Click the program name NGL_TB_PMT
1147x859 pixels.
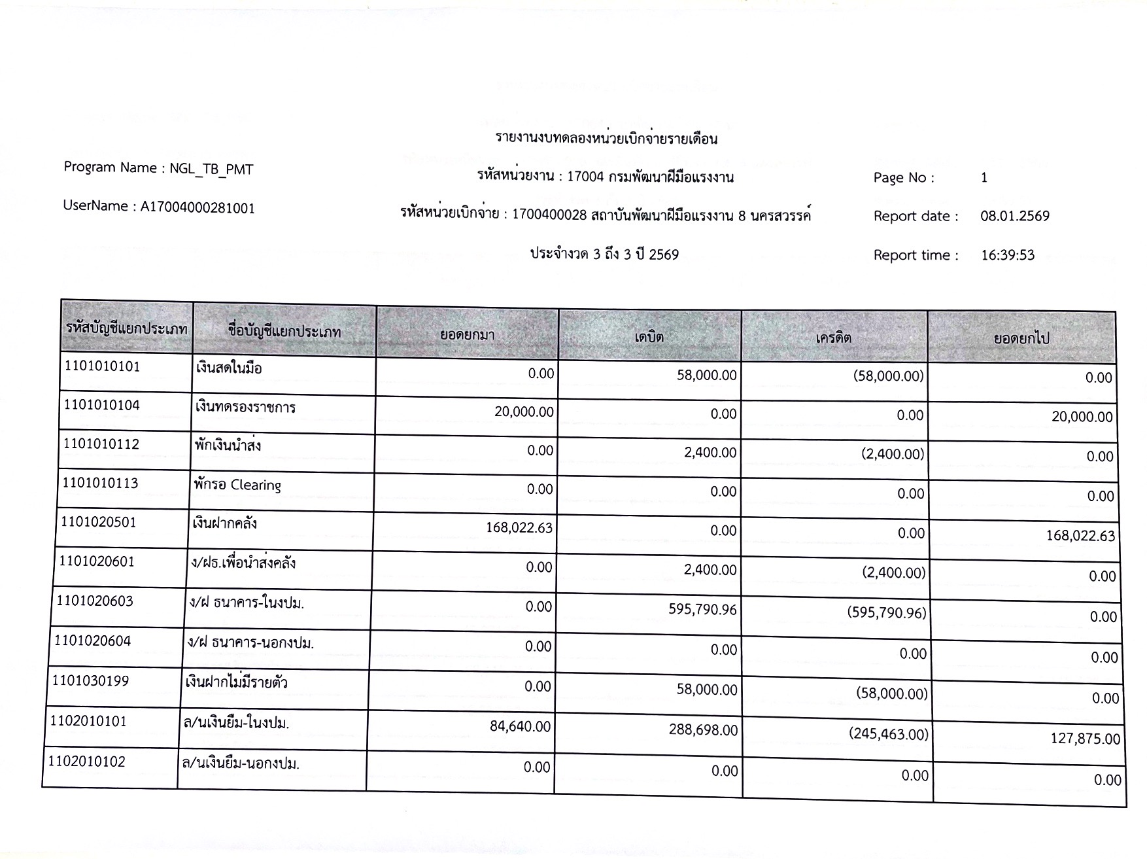coord(211,169)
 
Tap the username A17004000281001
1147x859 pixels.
coord(197,207)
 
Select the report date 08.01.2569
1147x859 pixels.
coord(1014,217)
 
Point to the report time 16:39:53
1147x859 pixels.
coord(1008,255)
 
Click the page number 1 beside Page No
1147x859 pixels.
coord(984,178)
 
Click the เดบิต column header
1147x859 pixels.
coord(649,336)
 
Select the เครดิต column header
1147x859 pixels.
coord(833,338)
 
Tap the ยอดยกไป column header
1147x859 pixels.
coord(1021,339)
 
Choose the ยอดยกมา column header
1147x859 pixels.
coord(467,335)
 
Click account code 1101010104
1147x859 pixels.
coord(102,405)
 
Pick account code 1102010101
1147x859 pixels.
coord(88,721)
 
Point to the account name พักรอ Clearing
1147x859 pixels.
coord(237,485)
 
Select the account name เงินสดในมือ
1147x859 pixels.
coord(229,368)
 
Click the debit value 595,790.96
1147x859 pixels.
coord(702,610)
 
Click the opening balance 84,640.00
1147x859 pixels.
coord(520,727)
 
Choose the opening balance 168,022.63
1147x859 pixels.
coord(519,527)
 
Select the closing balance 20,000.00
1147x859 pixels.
coord(1082,417)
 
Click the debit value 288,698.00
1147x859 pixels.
coord(703,729)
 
